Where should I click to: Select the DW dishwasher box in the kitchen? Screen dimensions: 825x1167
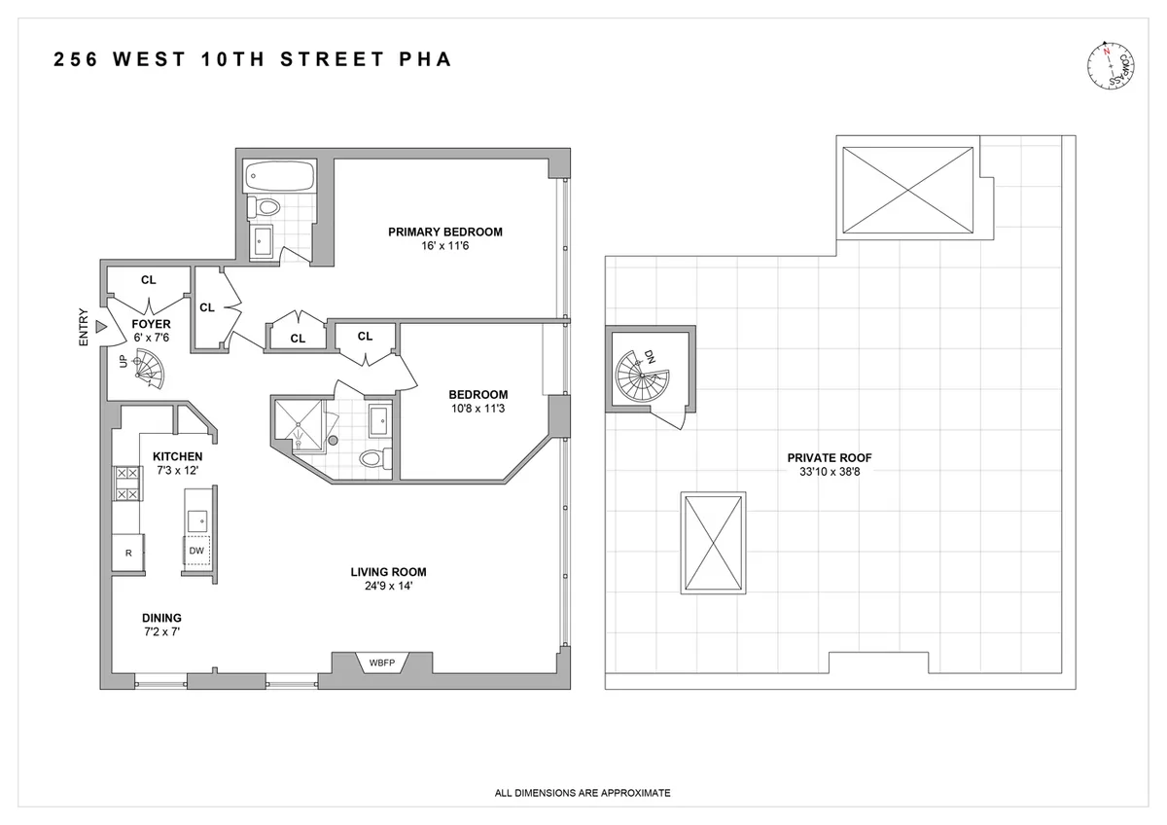point(196,551)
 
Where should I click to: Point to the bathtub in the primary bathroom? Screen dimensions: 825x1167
point(279,177)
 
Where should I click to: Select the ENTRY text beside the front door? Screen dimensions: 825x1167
point(84,328)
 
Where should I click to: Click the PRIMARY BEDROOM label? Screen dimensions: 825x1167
point(444,232)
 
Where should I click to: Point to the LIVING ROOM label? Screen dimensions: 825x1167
point(389,572)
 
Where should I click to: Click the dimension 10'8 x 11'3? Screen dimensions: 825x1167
point(477,409)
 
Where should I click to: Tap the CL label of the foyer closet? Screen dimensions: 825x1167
point(148,280)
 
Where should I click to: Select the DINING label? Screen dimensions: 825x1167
point(161,618)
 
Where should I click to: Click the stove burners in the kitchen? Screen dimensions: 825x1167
point(127,484)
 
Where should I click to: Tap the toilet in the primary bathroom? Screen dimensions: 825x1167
point(265,206)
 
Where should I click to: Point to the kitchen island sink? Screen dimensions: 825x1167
point(197,519)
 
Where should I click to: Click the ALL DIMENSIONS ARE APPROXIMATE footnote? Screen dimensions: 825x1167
point(583,793)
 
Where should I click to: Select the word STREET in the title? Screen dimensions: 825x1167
point(331,60)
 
